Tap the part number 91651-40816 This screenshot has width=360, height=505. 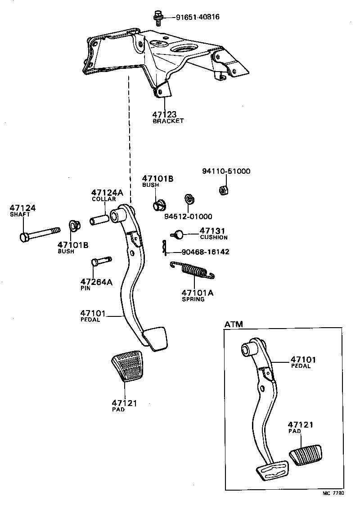coord(194,18)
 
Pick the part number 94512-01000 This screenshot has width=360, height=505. coord(194,216)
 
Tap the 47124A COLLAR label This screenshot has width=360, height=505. coord(107,195)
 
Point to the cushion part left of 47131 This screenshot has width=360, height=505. coord(178,234)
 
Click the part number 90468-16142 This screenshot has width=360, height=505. coord(205,252)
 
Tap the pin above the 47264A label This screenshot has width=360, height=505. coord(100,262)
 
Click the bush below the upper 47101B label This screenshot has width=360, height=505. coord(159,205)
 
